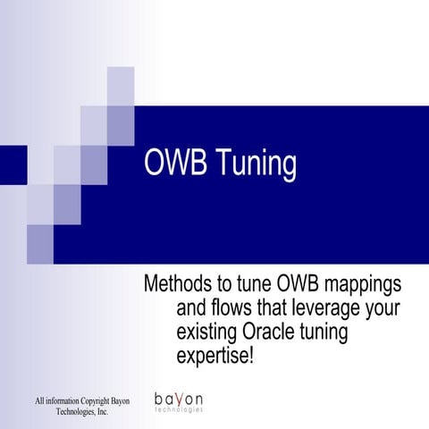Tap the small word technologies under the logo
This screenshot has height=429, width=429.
point(179,409)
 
